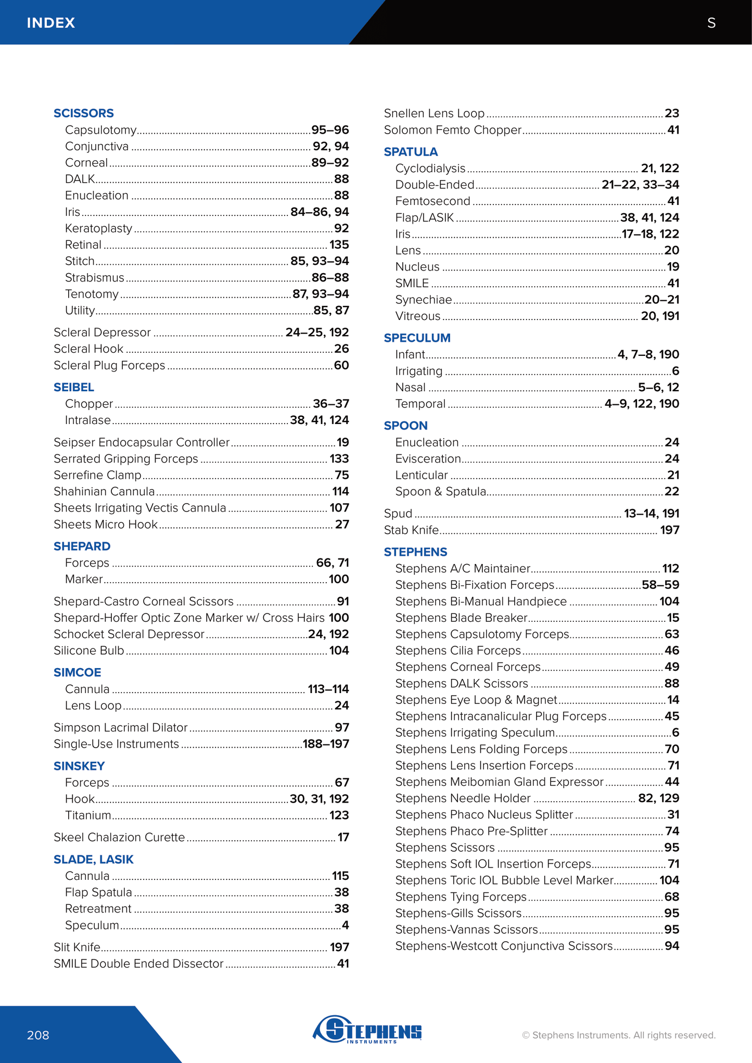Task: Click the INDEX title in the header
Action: [x=51, y=23]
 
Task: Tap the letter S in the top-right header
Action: [x=711, y=23]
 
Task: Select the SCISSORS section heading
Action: [x=83, y=113]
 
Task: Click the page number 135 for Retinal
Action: [x=339, y=245]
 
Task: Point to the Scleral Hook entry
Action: [x=88, y=349]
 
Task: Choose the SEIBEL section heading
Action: [x=74, y=387]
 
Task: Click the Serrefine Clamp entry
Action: [x=97, y=475]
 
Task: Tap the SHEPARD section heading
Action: [x=82, y=546]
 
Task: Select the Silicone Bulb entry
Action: [x=89, y=650]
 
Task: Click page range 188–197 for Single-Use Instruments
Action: [x=326, y=744]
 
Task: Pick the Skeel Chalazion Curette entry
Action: [x=119, y=837]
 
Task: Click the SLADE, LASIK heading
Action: [x=94, y=859]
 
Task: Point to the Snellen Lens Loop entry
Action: [x=434, y=113]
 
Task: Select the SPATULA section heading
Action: [x=411, y=152]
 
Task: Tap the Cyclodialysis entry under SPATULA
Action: [x=430, y=168]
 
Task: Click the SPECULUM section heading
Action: [x=417, y=338]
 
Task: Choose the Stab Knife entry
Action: [x=411, y=530]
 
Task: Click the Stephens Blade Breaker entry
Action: [x=461, y=618]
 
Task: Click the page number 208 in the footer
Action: [x=38, y=1035]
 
